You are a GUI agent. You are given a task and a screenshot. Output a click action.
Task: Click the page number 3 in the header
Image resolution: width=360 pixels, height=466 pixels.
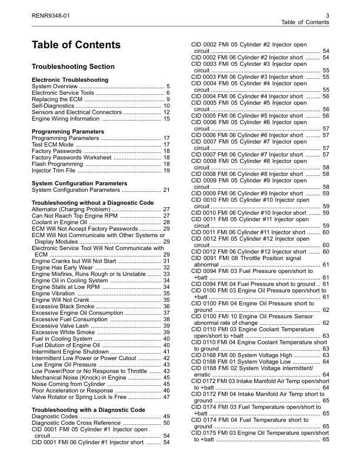pos(326,15)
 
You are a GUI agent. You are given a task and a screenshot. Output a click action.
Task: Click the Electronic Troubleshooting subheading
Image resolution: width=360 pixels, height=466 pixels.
pos(69,79)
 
